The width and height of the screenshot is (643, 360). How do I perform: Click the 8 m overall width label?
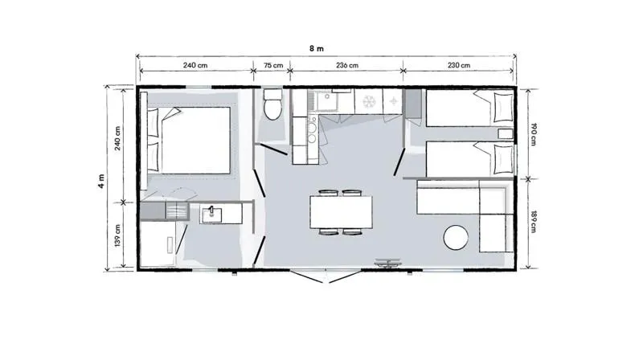coord(317,47)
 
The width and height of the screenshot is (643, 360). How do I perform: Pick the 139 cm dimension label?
coord(118,235)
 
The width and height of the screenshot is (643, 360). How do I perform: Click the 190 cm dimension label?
coord(533,133)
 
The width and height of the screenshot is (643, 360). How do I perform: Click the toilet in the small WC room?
coord(272,105)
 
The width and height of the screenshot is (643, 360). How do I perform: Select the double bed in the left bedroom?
coord(190,140)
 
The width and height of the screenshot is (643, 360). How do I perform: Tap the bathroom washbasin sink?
coord(213,213)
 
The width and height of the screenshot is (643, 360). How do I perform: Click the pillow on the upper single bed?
coord(502,105)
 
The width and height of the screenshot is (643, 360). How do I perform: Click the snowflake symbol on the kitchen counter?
coord(371,102)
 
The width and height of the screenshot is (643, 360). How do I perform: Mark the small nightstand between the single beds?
coord(505,133)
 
